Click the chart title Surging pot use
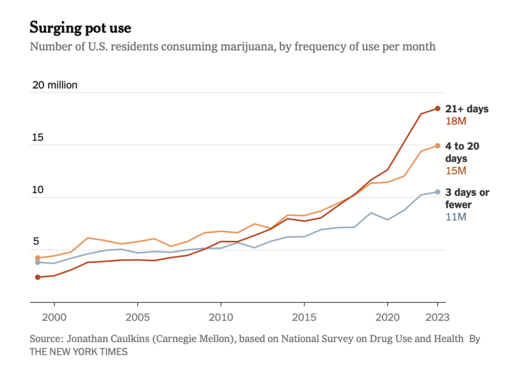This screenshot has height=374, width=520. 80,27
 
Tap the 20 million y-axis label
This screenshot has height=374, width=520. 55,85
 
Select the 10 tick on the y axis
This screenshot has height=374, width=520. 39,190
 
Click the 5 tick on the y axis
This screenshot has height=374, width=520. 36,242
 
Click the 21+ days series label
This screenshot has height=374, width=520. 467,109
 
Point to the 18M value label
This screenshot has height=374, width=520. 456,121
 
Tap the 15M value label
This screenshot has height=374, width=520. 456,171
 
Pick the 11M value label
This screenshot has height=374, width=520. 456,217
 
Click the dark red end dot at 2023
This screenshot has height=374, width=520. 437,108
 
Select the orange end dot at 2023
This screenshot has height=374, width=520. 437,146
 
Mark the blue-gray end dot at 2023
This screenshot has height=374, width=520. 437,192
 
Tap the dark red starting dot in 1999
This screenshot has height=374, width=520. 38,277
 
